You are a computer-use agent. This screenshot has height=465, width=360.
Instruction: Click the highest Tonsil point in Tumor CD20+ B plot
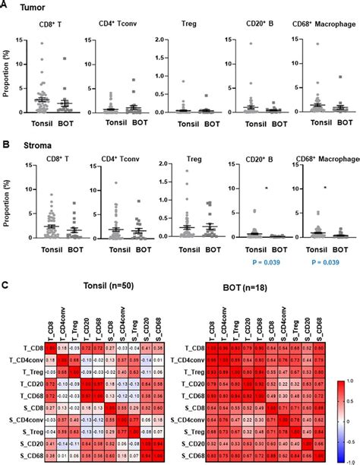coord(249,43)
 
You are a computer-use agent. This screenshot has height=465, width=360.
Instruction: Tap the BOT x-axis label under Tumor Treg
coord(199,122)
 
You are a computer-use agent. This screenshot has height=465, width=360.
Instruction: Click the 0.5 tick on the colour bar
coord(350,410)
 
